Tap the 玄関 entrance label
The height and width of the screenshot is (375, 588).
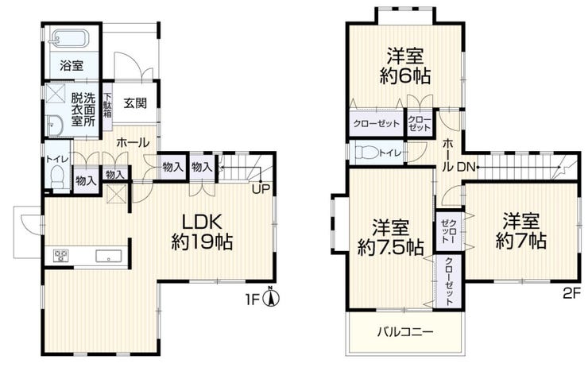(135, 102)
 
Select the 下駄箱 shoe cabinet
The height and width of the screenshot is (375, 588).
(107, 106)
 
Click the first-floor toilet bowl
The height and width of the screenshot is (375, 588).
(57, 177)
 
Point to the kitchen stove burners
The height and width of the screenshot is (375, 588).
(60, 255)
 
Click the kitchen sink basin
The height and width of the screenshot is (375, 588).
(109, 256)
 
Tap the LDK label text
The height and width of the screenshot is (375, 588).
(202, 222)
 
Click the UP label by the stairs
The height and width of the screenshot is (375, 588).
(261, 189)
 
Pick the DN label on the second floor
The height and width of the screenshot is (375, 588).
(466, 168)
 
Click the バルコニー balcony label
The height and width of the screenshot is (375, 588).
(405, 332)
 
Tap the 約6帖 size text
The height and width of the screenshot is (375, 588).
(405, 76)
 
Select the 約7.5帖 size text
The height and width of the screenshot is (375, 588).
(391, 247)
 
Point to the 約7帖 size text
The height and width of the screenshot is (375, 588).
(521, 241)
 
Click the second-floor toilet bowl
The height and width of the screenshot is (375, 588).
(366, 153)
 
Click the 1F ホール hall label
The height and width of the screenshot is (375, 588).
(133, 143)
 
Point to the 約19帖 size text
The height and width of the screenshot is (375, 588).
(202, 242)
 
